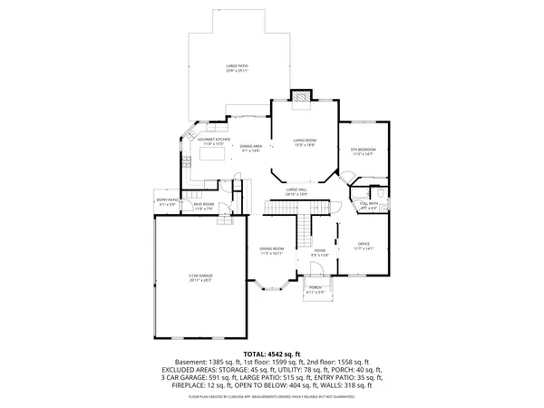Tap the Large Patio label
tap(238, 68)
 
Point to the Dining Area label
tap(251, 148)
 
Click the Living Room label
tap(304, 141)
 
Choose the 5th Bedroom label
tap(363, 151)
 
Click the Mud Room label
tap(203, 207)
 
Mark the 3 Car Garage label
tap(200, 279)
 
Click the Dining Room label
tap(272, 250)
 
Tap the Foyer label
tap(319, 252)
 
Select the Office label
tap(364, 247)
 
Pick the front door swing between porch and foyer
tap(319, 275)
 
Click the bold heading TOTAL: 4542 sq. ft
tap(271, 354)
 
